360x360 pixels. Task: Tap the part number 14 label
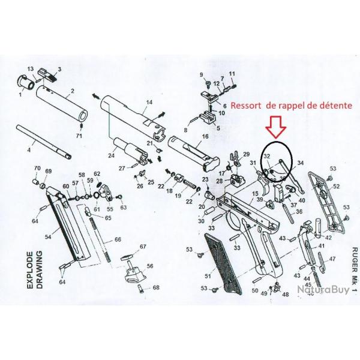point(149,103)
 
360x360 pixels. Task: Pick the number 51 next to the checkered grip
point(208,275)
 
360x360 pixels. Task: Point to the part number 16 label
point(205,137)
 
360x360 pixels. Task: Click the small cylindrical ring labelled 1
point(24,82)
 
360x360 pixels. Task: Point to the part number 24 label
point(110,156)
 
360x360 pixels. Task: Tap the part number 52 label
point(336,187)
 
